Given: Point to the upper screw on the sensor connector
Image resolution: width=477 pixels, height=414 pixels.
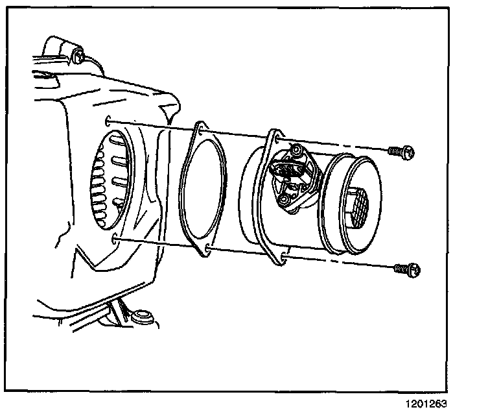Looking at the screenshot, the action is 297,151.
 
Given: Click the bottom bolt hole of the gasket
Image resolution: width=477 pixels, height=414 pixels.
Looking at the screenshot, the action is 206,249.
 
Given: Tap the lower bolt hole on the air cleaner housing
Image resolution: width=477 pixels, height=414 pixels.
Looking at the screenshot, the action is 115,241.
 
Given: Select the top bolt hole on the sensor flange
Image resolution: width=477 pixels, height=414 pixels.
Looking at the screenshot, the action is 277,139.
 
